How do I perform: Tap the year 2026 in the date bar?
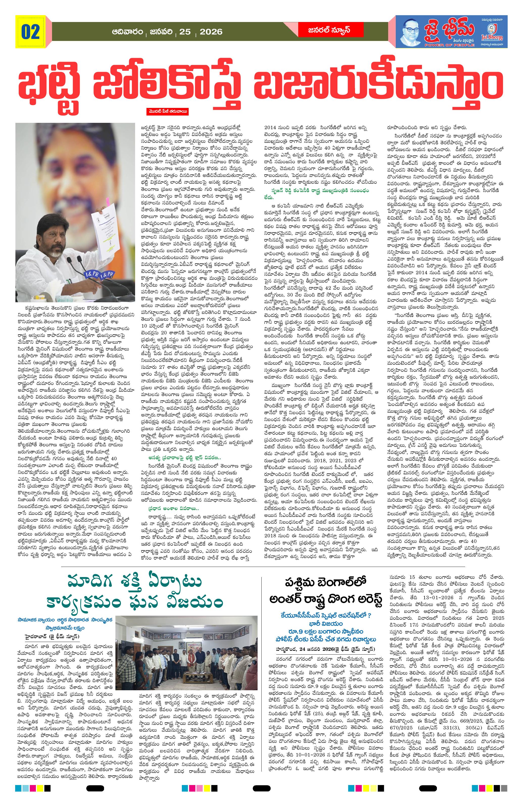click(x=211, y=32)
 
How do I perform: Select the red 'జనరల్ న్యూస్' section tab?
click(x=324, y=30)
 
